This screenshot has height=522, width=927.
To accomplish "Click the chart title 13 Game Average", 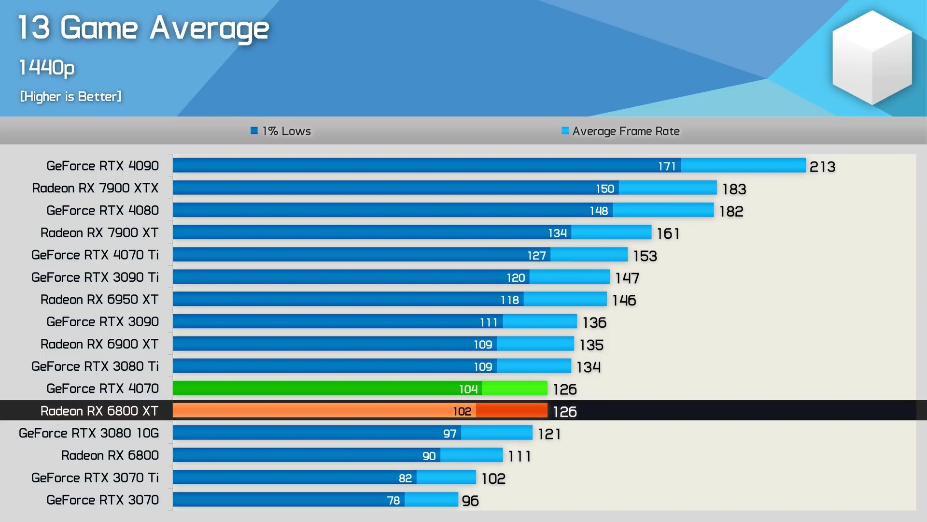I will point(143,28).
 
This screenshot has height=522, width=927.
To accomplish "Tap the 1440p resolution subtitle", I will point(47,68).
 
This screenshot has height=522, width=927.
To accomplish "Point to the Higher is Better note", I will point(71,97).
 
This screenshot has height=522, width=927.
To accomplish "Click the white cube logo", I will point(872,58).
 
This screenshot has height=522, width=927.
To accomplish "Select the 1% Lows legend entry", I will point(281,131).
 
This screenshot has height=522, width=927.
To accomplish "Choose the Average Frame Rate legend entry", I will point(621,131).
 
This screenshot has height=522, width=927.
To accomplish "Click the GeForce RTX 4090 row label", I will point(102,166).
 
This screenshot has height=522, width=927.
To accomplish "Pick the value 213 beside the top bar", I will point(822,167).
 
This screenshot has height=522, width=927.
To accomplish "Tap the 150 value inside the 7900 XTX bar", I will point(605,188).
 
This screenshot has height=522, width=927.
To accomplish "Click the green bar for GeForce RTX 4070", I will point(328,388).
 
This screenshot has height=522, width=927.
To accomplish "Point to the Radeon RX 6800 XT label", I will point(99,411).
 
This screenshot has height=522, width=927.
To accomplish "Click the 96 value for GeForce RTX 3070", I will point(470,501).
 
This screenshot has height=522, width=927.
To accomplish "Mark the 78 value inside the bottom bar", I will point(393,500).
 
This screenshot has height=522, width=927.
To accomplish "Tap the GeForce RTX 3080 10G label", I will point(89,433).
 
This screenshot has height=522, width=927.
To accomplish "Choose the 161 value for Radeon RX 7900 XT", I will point(668,233).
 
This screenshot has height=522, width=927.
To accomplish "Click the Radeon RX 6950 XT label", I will point(99,300).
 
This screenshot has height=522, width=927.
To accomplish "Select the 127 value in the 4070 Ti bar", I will point(536,255).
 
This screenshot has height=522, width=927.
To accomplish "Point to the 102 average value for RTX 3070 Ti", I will point(493,478).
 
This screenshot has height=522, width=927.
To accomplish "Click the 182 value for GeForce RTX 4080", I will point(731,211).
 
